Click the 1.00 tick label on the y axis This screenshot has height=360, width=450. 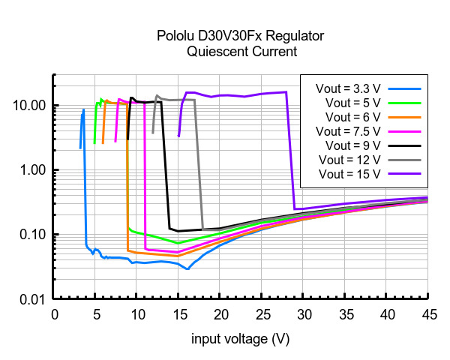click(33, 170)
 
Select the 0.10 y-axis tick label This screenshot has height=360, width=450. click(33, 235)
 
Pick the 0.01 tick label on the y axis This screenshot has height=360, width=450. click(33, 299)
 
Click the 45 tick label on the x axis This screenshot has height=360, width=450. click(427, 312)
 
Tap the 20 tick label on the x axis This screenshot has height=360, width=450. click(220, 312)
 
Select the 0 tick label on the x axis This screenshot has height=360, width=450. click(54, 312)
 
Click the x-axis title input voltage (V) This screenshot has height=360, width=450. click(240, 339)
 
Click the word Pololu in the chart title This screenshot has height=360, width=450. click(175, 37)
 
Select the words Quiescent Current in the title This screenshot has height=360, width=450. click(240, 52)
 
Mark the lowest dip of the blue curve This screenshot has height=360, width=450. click(187, 268)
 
